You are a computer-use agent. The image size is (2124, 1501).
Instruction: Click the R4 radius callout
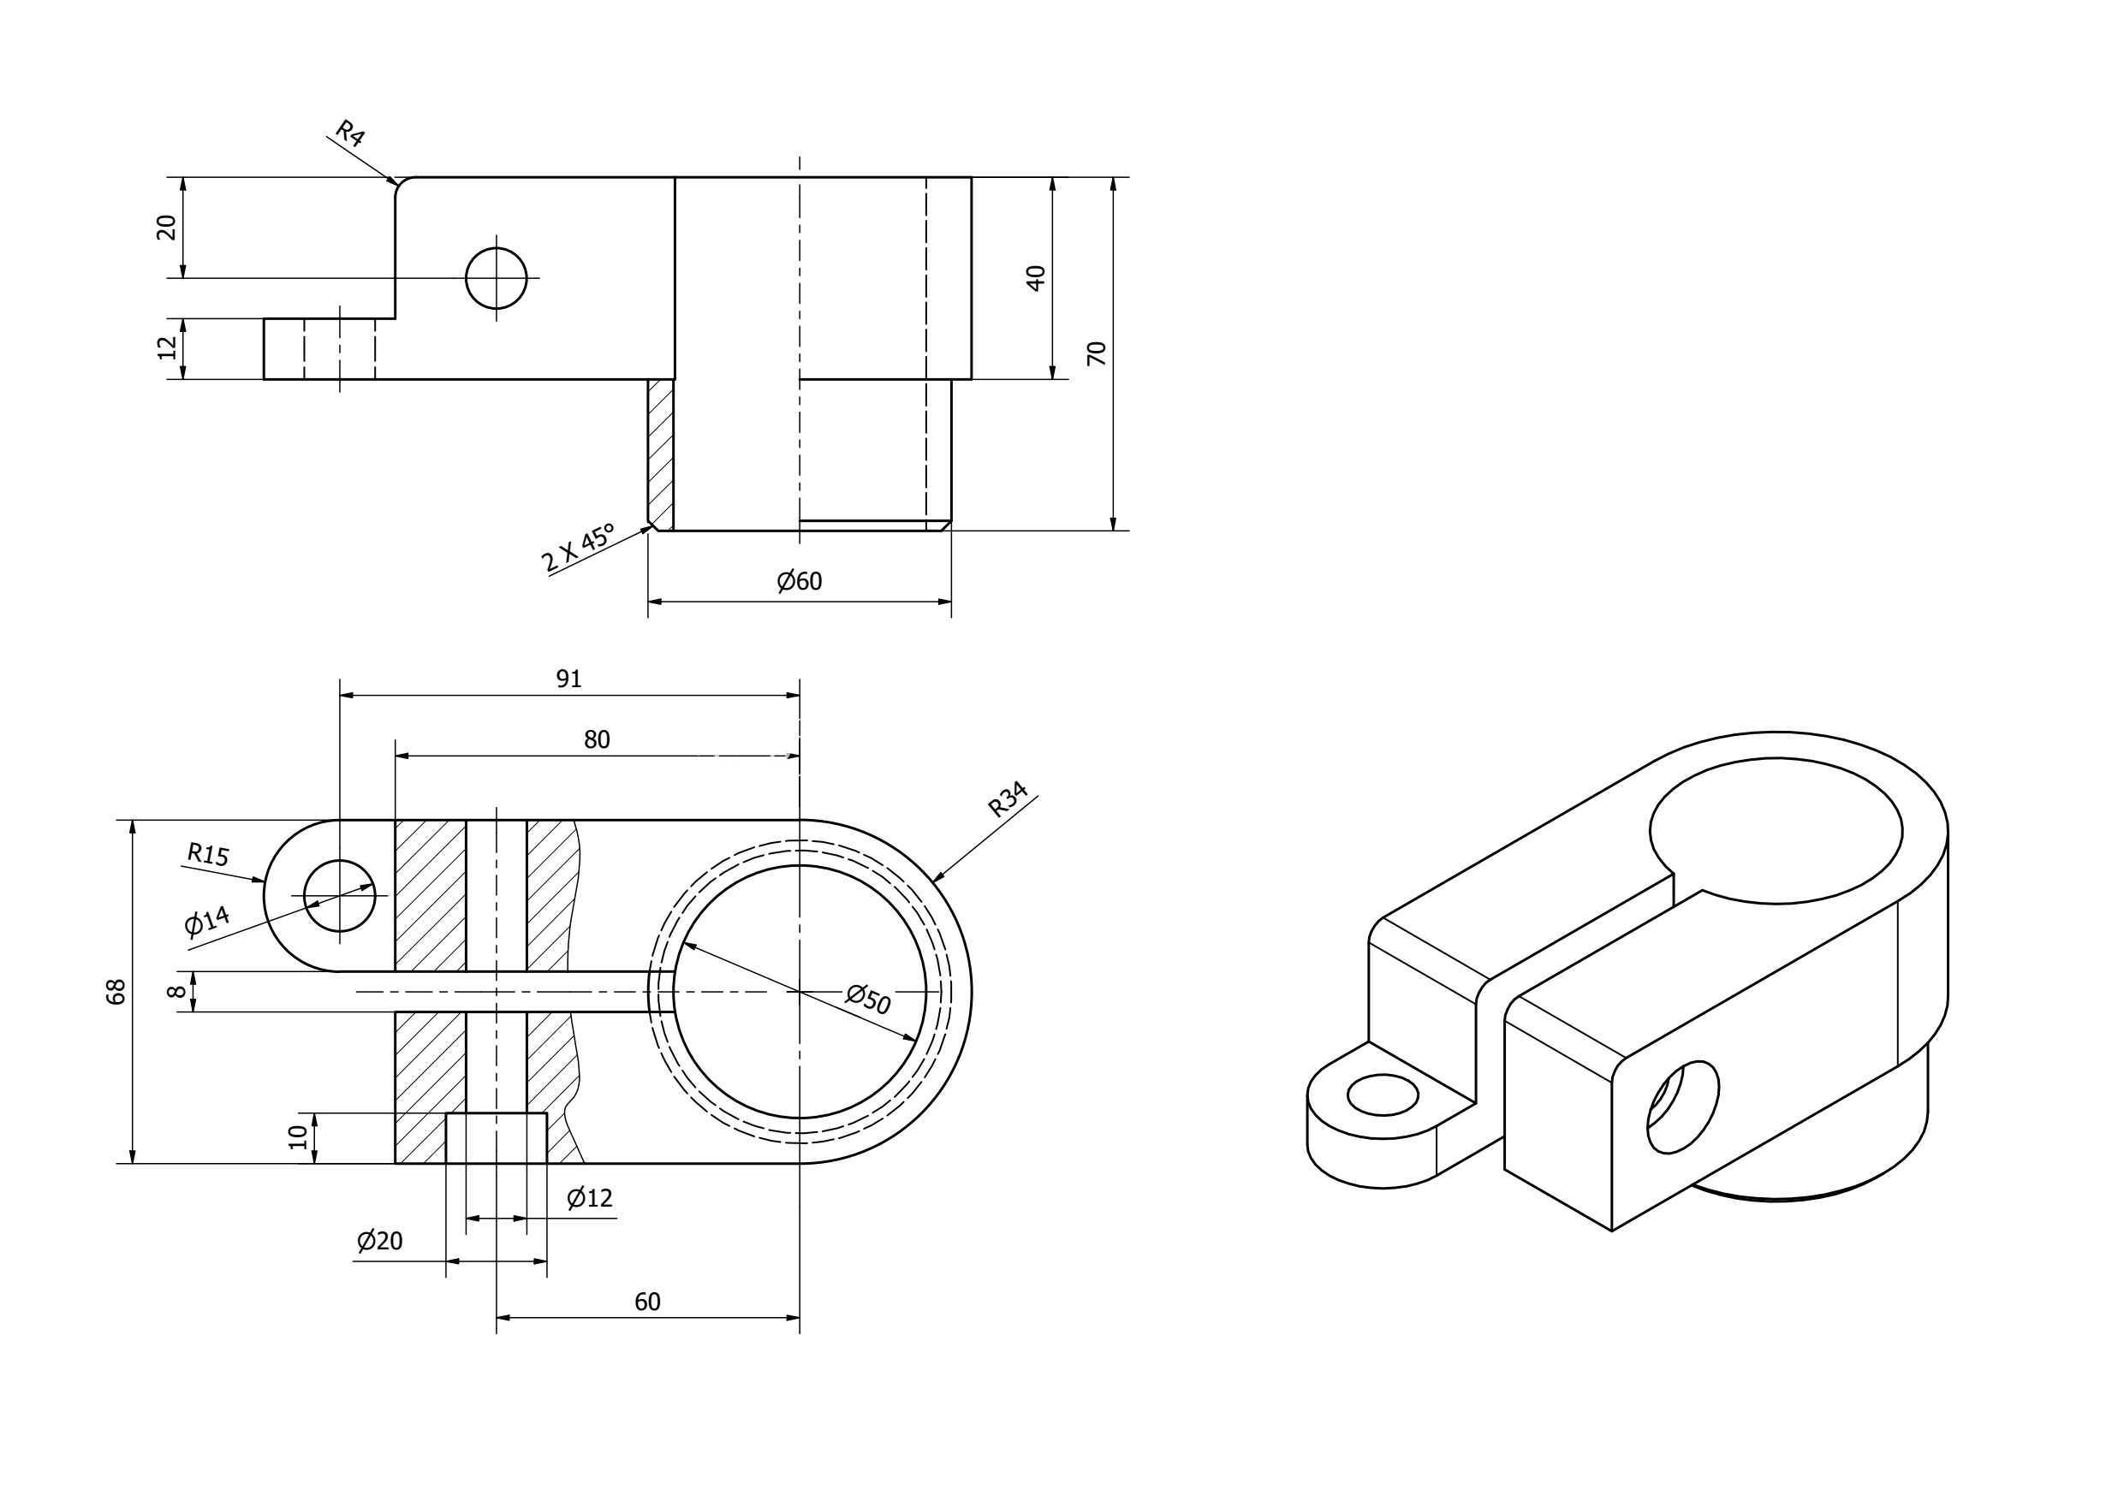point(349,133)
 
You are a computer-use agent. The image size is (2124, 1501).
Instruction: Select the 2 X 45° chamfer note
point(578,548)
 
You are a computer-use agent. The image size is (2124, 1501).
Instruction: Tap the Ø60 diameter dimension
point(800,581)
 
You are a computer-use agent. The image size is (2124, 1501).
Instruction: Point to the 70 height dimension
point(1098,353)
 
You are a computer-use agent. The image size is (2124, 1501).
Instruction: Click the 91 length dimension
point(569,679)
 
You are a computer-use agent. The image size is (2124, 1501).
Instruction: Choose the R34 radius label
point(1008,800)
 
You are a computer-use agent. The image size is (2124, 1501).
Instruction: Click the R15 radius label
point(207,852)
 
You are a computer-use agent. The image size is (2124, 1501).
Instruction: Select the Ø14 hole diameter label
point(207,922)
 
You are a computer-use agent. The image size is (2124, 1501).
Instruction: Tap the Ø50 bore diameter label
point(868,999)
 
